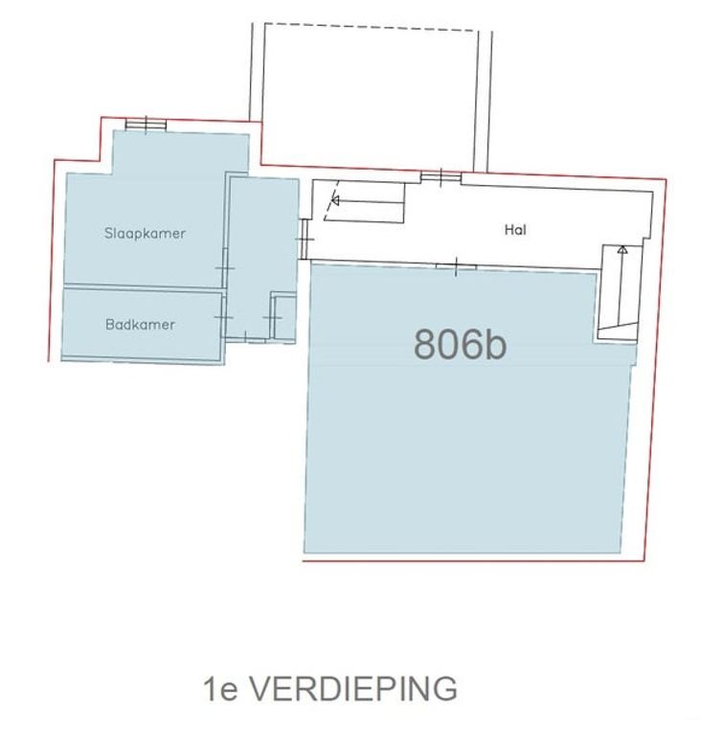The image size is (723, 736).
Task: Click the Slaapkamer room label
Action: click(145, 233)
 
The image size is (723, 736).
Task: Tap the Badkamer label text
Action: click(140, 325)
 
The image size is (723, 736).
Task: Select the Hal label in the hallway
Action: click(515, 230)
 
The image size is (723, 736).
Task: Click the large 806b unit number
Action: click(460, 343)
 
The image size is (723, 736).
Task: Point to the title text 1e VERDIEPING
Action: click(329, 688)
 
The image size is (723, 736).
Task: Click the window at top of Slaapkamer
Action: click(146, 123)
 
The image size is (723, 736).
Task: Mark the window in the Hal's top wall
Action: click(441, 176)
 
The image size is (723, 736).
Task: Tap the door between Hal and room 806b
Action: click(456, 265)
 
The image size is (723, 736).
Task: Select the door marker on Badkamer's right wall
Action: click(224, 317)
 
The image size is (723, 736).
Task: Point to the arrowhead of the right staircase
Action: click(621, 250)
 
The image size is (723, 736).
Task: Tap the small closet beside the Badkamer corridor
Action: click(284, 317)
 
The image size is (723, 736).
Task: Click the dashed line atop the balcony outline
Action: click(369, 27)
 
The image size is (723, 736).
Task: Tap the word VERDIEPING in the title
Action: click(354, 688)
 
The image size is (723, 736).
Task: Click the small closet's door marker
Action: click(272, 315)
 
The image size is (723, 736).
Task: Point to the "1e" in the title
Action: click(218, 688)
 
